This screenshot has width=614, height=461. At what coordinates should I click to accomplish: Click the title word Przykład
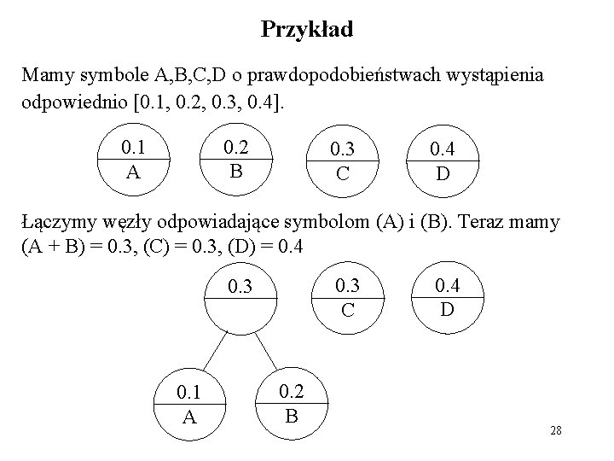coord(307,30)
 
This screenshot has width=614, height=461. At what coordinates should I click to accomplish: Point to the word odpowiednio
coord(70,102)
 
